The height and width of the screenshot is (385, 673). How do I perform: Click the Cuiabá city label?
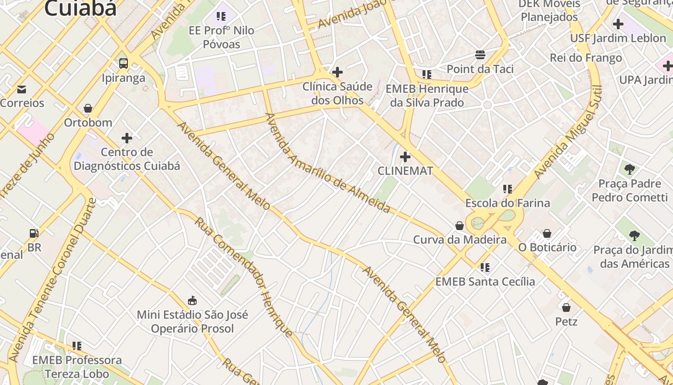tap(80, 8)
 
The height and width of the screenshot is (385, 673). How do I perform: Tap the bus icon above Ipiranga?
tap(124, 63)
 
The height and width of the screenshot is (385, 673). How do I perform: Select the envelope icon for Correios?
tap(22, 89)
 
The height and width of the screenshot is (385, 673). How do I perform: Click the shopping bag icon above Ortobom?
tap(88, 108)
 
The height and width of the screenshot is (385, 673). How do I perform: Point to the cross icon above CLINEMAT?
tap(405, 157)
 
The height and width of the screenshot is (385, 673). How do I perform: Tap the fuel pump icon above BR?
tap(34, 234)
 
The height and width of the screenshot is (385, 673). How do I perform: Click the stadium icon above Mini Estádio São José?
tap(192, 301)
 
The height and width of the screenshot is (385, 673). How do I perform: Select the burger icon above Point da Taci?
tap(480, 55)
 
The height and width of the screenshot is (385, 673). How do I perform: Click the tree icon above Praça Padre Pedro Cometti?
tap(629, 169)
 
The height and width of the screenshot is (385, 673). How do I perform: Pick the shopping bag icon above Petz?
tap(566, 307)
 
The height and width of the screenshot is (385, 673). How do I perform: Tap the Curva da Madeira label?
tap(460, 240)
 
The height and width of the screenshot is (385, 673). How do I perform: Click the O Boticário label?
tap(547, 247)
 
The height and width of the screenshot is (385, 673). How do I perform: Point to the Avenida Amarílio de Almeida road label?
tap(327, 163)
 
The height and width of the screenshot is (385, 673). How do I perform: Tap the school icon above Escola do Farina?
tap(507, 189)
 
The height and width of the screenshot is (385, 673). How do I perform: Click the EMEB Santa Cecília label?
tap(485, 282)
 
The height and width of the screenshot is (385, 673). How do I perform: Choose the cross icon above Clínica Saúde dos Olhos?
tap(337, 73)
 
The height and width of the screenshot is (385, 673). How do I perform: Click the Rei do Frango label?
tap(586, 58)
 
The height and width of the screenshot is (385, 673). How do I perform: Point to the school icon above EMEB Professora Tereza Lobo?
tap(77, 346)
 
